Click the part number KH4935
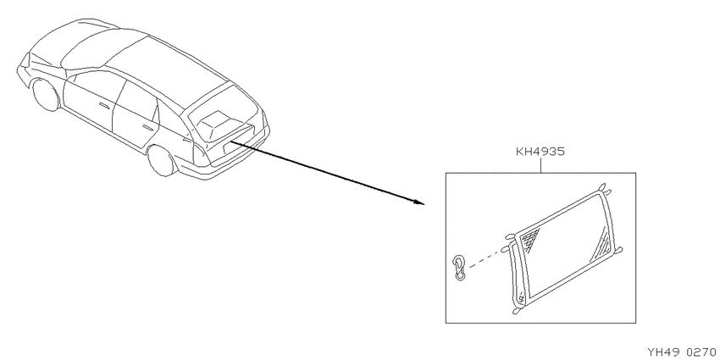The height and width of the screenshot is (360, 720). pyautogui.click(x=540, y=152)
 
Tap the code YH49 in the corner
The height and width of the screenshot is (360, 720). pyautogui.click(x=662, y=352)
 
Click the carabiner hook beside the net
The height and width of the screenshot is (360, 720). pyautogui.click(x=459, y=268)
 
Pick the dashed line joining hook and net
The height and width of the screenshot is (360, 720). pyautogui.click(x=487, y=259)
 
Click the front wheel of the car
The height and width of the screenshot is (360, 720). pyautogui.click(x=46, y=95)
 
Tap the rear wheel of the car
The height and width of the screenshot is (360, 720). pyautogui.click(x=162, y=160)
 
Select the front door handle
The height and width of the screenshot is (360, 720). pyautogui.click(x=104, y=106)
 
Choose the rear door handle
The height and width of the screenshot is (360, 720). pyautogui.click(x=148, y=127)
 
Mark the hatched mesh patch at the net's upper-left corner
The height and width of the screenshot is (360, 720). pyautogui.click(x=530, y=239)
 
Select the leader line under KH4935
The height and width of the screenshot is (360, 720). pyautogui.click(x=540, y=165)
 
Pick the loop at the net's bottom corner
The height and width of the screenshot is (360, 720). pyautogui.click(x=518, y=311)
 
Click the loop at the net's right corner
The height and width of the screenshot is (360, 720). pyautogui.click(x=618, y=251)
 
